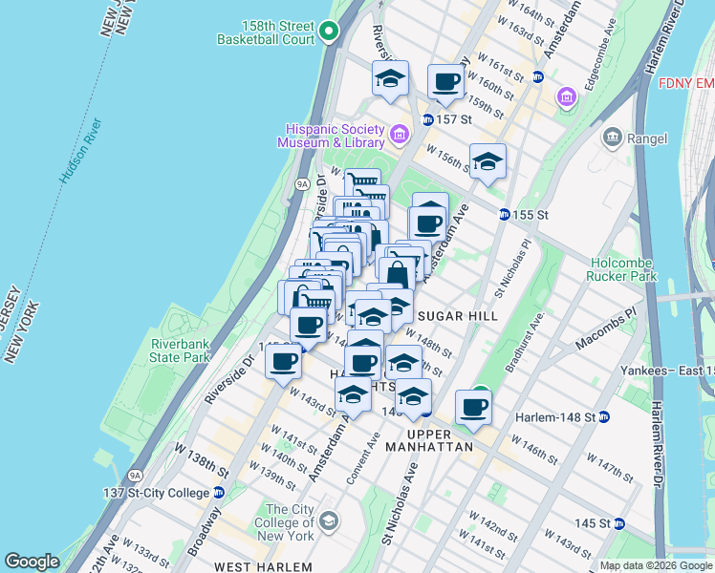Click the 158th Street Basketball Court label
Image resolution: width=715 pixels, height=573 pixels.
[265, 32]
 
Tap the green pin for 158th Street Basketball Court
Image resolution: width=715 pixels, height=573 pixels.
[330, 32]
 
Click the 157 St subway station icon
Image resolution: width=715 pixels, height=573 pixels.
[427, 119]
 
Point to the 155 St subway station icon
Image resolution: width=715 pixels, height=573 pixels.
[503, 215]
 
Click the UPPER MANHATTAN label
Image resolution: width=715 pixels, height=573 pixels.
[430, 446]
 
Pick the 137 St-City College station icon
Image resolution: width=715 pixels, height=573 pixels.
[219, 493]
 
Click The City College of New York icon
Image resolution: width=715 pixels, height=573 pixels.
[329, 520]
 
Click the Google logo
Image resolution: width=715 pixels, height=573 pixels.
[32, 562]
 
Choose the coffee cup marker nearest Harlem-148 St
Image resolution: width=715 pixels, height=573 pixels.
[473, 407]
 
